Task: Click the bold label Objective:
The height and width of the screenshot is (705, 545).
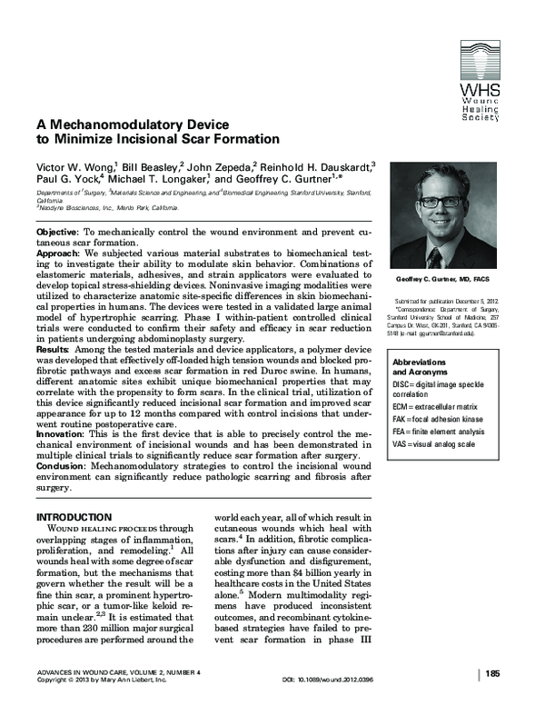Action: pyautogui.click(x=63, y=233)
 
